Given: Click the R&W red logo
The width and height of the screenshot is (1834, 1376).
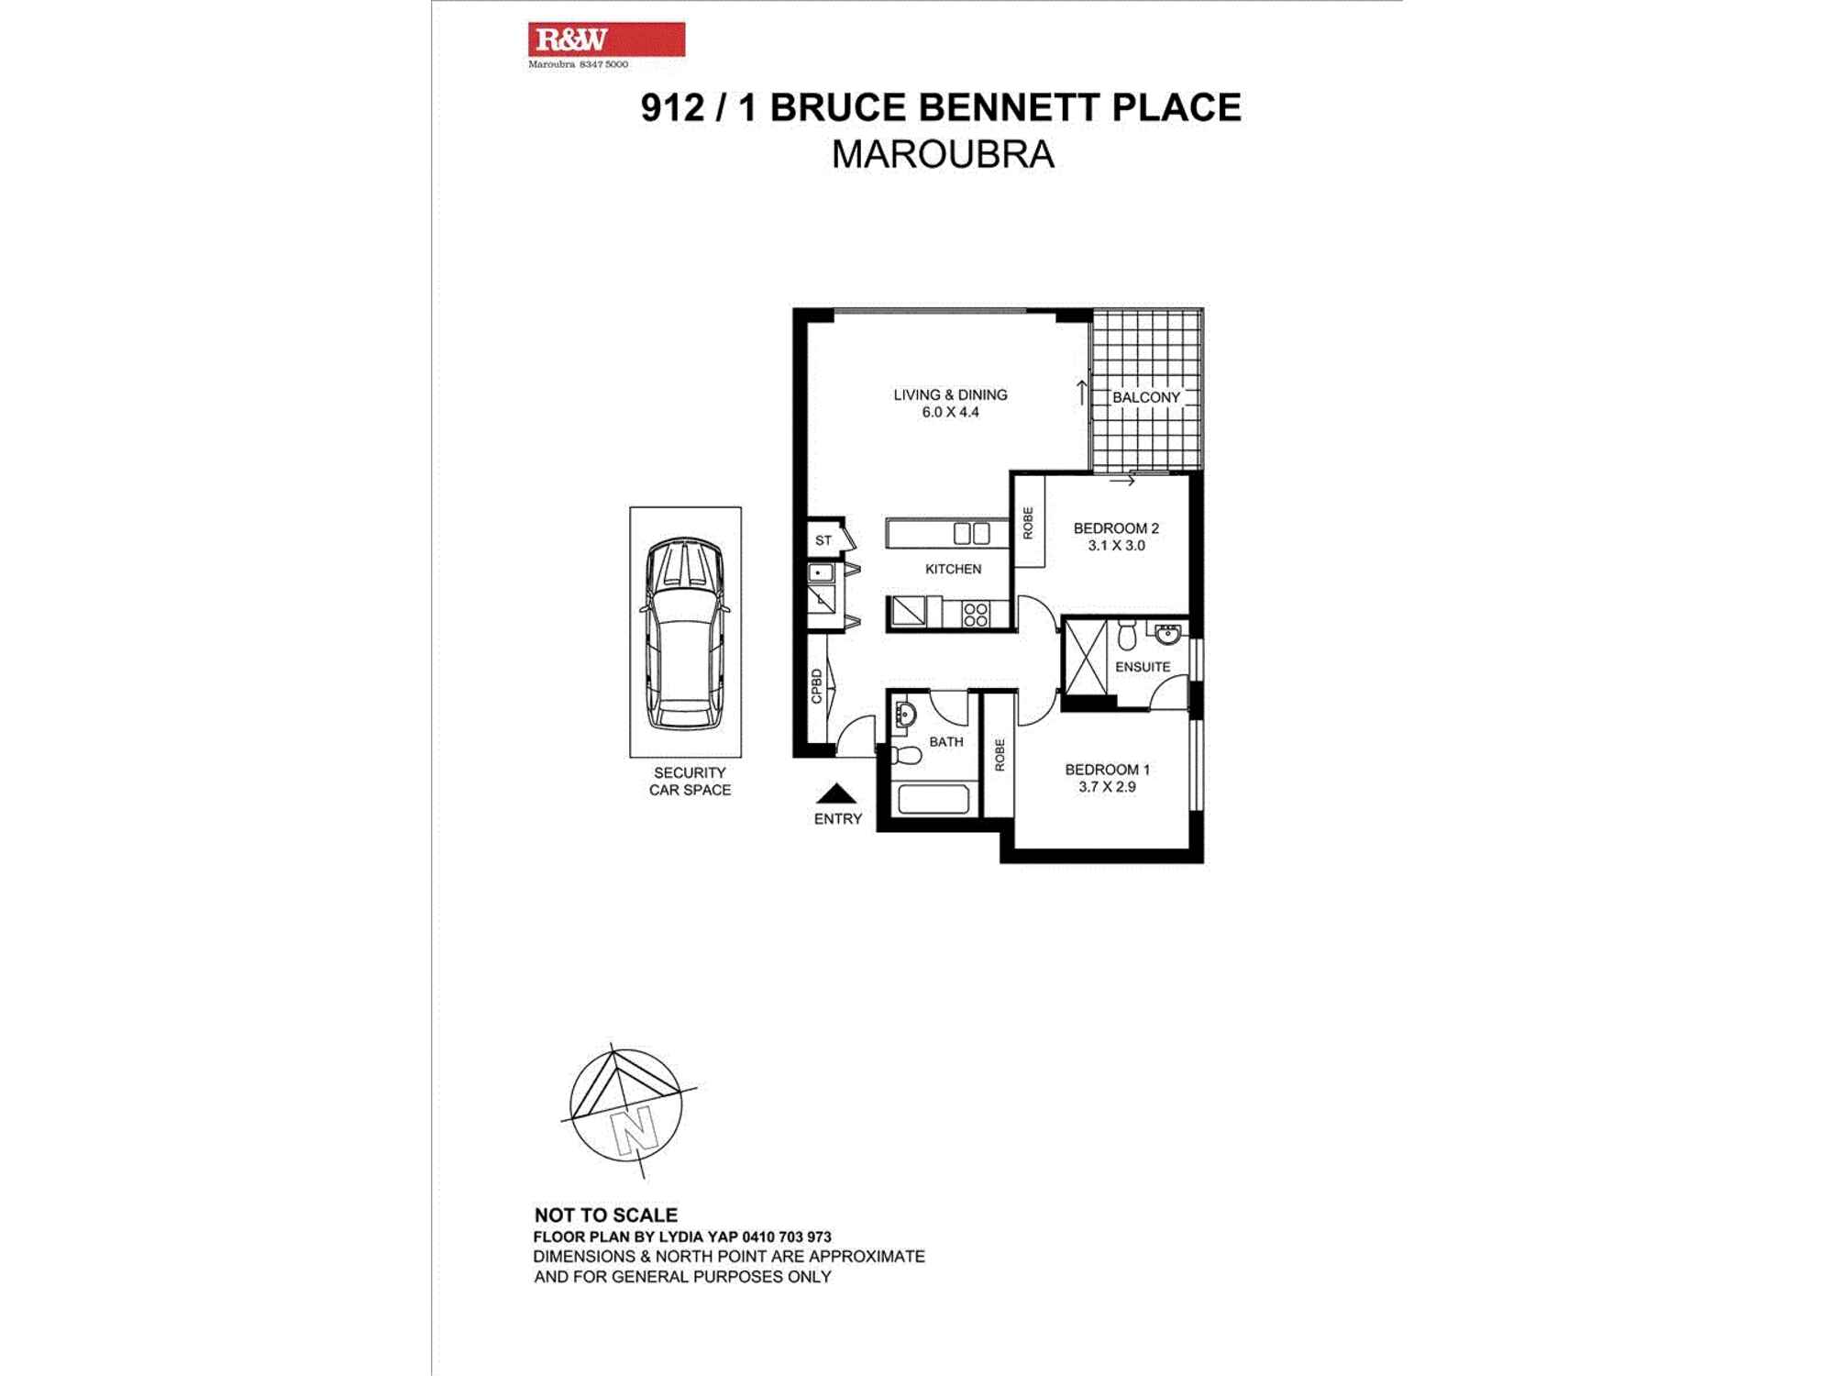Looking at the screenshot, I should point(606,39).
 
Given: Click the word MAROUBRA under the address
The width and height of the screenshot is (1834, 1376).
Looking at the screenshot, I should point(942,154).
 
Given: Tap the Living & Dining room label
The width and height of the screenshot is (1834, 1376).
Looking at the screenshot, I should point(950,394).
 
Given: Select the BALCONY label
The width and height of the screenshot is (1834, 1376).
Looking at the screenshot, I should point(1145,397).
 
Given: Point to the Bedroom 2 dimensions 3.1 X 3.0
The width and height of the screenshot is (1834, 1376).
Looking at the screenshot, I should point(1116,546).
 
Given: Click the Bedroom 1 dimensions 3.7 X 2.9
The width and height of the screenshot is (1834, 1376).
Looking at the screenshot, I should point(1107,787).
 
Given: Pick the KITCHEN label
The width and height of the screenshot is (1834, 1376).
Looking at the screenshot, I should point(953,569).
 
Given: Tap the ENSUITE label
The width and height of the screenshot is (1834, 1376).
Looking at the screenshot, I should point(1142,667).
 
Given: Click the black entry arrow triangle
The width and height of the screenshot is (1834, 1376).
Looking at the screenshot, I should point(835,794).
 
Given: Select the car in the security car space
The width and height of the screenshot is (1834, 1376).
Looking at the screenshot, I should point(685,633).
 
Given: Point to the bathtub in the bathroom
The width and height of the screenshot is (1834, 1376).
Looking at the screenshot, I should point(933,799).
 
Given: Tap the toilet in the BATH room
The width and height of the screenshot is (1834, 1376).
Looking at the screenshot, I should point(905,755).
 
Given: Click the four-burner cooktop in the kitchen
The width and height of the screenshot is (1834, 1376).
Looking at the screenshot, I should point(976,614).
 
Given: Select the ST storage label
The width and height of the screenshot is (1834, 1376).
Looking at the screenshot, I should point(823,540).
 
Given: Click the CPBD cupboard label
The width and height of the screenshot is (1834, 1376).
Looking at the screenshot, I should point(816,686).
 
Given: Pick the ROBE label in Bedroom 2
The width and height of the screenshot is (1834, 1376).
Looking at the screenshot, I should point(1028,523).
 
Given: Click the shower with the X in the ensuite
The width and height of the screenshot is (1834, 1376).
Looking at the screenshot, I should point(1086,657).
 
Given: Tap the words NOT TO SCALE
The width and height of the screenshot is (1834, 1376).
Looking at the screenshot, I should point(605,1215).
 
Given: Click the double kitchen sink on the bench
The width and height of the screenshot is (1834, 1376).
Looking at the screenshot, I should point(971,533).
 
